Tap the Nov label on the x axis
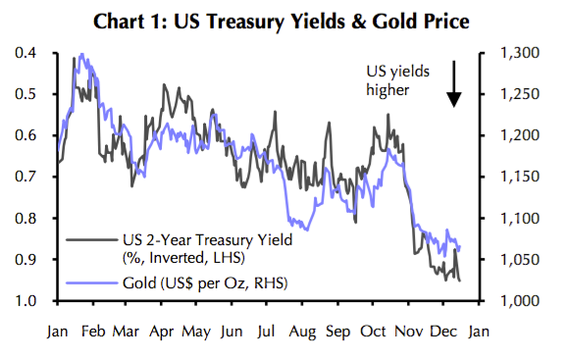point(407,332)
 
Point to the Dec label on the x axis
point(442,332)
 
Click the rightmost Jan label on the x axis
point(478,332)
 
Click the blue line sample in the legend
point(88,283)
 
